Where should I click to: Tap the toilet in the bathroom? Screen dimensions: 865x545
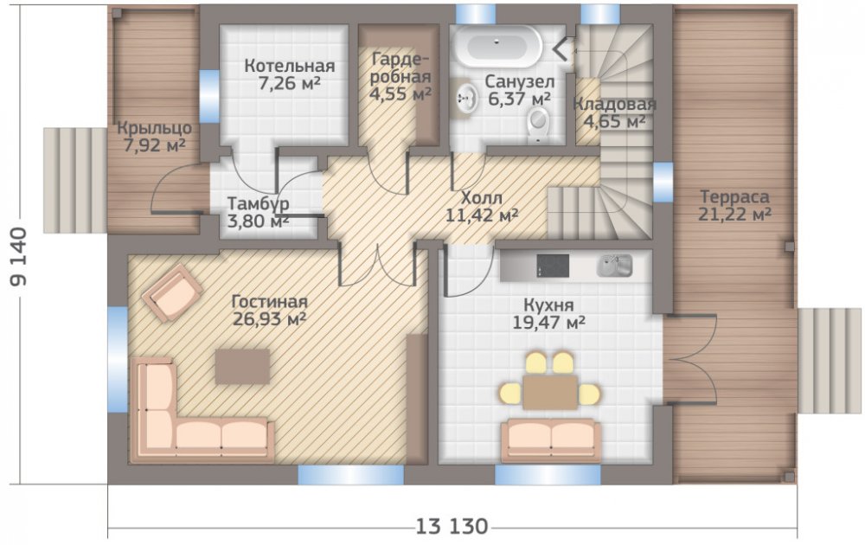[x=538, y=123]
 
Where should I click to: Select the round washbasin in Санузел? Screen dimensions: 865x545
[x=467, y=99]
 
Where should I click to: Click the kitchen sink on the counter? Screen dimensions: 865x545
[x=614, y=266]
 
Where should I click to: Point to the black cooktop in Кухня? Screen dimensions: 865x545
[x=553, y=266]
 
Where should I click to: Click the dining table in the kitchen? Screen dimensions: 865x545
[x=550, y=392]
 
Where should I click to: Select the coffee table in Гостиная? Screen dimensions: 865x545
[x=242, y=366]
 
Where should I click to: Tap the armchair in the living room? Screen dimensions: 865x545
[x=171, y=292]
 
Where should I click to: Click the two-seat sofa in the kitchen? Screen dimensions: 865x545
[x=551, y=439]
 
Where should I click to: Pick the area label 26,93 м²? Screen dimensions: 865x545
[x=270, y=319]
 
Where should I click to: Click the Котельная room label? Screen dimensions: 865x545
[x=290, y=66]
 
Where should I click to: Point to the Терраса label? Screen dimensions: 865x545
[x=734, y=197]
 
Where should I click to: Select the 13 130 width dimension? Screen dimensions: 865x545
[x=452, y=527]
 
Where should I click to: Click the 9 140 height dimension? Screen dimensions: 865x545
[x=18, y=256]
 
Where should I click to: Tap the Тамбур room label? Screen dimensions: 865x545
[x=258, y=203]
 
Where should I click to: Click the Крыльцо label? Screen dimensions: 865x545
[x=155, y=129]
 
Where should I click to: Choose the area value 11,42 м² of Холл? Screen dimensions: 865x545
[x=482, y=215]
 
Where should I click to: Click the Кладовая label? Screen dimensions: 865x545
[x=614, y=104]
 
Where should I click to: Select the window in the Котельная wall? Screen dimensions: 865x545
[x=209, y=96]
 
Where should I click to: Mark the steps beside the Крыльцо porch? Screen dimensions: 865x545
[x=75, y=181]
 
